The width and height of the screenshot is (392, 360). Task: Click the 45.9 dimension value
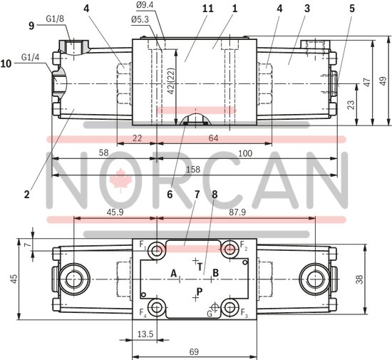tap(114, 212)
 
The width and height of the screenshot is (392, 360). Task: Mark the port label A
tap(173, 272)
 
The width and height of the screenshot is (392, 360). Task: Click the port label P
tap(200, 291)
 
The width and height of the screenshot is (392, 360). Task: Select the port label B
tap(216, 272)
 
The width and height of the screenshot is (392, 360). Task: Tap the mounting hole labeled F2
tap(229, 247)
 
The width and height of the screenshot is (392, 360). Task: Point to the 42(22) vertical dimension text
tap(171, 81)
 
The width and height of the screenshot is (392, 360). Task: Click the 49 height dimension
tap(383, 80)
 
